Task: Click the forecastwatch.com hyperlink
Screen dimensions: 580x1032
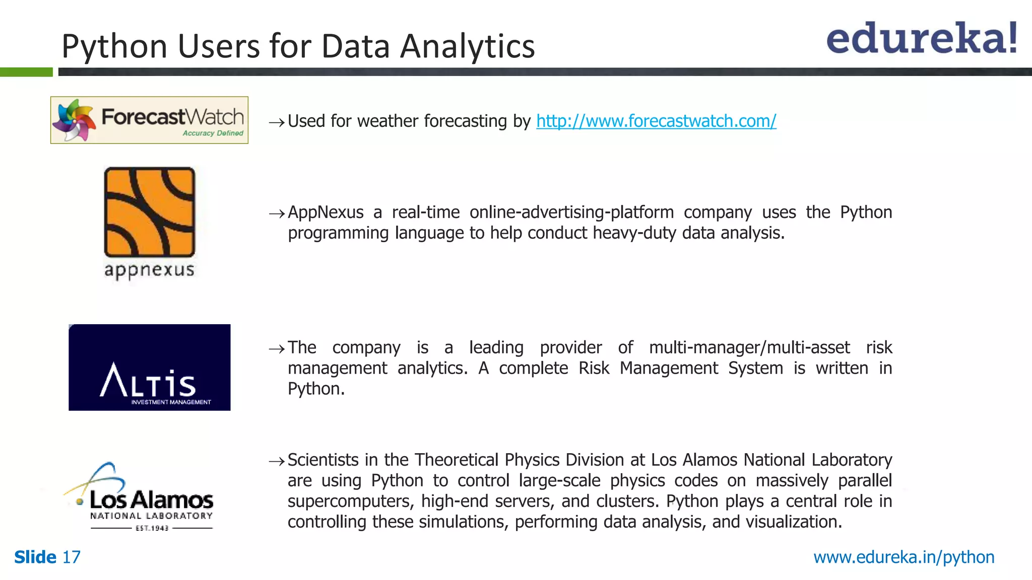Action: coord(656,121)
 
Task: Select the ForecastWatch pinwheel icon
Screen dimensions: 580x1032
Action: coord(74,120)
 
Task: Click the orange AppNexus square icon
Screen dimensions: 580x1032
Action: coord(149,212)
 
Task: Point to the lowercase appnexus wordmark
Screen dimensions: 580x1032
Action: coord(149,270)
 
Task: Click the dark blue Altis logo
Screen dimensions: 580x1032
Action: coord(149,367)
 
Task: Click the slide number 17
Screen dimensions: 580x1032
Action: coord(71,557)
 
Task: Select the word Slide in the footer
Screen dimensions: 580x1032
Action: coord(35,557)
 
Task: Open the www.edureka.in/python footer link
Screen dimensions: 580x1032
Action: coord(904,557)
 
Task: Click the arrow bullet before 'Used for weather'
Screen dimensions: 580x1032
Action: coord(277,122)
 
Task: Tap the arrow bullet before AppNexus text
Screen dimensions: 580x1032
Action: coord(277,214)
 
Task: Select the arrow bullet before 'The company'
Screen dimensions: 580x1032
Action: coord(277,349)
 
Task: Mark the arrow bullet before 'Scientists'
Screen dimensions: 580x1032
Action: coord(277,461)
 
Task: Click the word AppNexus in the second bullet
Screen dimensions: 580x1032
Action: coord(326,212)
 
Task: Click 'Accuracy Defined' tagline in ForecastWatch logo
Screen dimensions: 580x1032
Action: coord(213,133)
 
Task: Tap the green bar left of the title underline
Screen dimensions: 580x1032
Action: coord(26,72)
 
